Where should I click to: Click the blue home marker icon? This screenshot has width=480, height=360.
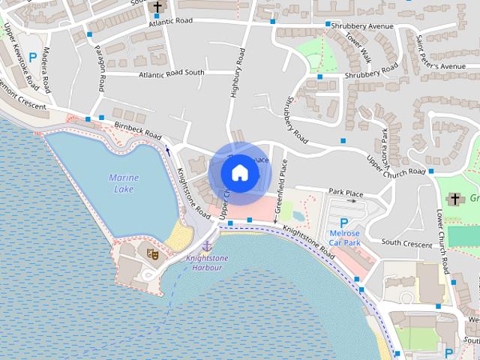239,173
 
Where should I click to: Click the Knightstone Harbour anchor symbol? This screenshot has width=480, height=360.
207,245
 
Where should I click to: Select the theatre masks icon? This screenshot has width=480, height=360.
151,254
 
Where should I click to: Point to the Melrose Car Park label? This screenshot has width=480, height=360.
345,238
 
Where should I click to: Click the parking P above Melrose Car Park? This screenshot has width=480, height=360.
343,223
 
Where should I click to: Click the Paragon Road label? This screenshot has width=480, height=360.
100,61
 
